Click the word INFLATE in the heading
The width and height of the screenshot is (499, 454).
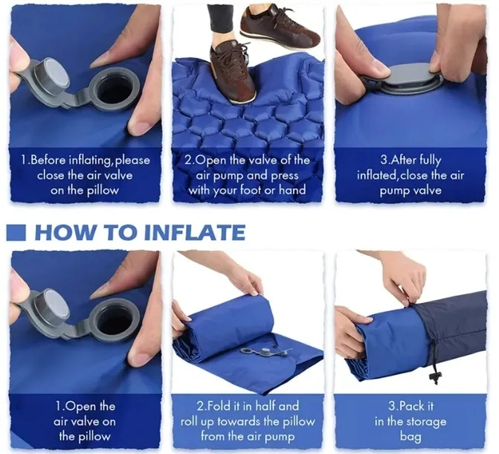(x=194, y=232)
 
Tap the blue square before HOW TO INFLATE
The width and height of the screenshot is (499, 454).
(x=16, y=232)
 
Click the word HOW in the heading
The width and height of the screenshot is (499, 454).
(x=65, y=232)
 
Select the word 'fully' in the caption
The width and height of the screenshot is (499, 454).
(x=430, y=160)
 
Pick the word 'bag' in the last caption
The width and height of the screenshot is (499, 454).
(x=411, y=437)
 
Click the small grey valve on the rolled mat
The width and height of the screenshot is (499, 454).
(x=265, y=351)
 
